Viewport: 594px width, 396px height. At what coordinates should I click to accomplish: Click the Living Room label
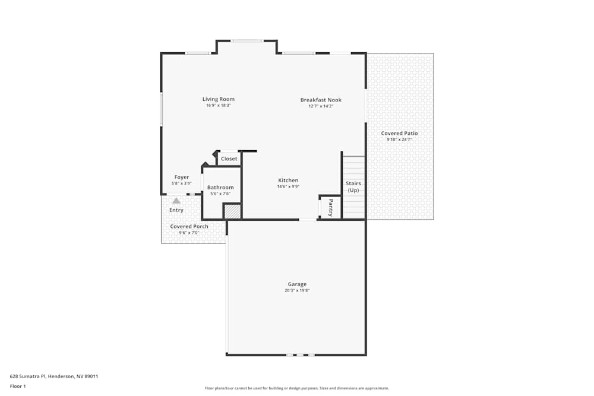point(219,99)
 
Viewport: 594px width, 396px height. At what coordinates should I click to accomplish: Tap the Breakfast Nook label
point(321,100)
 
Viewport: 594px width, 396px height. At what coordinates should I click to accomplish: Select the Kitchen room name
point(288,180)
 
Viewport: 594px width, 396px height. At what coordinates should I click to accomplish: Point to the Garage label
point(297,284)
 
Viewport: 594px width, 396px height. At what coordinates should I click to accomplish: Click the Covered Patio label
point(399,134)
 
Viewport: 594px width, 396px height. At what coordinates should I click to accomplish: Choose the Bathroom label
point(220,188)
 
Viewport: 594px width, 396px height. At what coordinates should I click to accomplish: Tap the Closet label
point(229,159)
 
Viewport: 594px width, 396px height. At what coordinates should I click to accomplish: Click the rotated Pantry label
point(331,207)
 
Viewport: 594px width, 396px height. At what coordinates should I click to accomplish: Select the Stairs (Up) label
point(353,187)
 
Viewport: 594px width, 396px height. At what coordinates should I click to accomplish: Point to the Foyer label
point(181,178)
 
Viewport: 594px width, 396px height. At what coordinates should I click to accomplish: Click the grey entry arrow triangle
point(176,201)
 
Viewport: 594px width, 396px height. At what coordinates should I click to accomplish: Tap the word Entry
point(176,210)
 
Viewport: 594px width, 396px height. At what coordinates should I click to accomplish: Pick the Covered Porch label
point(189,226)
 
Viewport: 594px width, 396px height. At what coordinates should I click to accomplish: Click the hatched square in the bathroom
point(232,211)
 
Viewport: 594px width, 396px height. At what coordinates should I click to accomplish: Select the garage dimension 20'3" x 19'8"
point(297,291)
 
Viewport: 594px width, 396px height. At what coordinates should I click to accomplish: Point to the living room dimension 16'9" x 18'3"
point(219,106)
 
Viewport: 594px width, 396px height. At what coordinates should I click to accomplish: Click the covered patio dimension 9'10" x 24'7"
point(399,140)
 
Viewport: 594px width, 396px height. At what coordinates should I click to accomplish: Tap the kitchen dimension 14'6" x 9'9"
point(288,187)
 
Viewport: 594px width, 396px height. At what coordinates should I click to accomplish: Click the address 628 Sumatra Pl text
point(54,376)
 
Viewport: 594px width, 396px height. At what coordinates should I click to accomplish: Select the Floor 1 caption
point(18,386)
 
